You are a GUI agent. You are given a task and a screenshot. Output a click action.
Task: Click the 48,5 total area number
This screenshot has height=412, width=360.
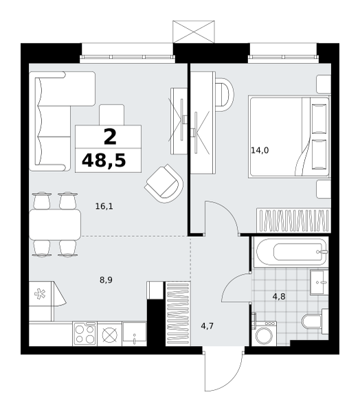pyautogui.click(x=104, y=160)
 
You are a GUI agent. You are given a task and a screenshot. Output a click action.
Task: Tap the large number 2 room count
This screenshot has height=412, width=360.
pyautogui.click(x=110, y=137)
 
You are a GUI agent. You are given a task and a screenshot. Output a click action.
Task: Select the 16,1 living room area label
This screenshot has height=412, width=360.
pyautogui.click(x=104, y=206)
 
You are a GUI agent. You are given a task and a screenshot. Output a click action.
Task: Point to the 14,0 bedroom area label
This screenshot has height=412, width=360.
pyautogui.click(x=260, y=150)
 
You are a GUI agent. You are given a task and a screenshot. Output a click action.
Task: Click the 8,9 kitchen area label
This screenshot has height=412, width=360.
pyautogui.click(x=106, y=280)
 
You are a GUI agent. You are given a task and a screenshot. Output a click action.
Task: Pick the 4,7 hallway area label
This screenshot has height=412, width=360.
pyautogui.click(x=207, y=326)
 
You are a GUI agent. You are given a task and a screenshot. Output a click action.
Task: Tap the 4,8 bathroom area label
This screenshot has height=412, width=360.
pyautogui.click(x=279, y=297)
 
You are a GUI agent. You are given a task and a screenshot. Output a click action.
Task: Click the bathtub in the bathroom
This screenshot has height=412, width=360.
pyautogui.click(x=291, y=252)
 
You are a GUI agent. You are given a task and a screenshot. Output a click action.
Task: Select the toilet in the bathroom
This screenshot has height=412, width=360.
pyautogui.click(x=315, y=321)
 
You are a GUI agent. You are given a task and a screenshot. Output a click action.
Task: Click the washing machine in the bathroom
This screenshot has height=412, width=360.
pyautogui.click(x=264, y=333)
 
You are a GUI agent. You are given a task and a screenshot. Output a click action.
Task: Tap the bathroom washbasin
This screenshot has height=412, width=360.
pyautogui.click(x=319, y=282)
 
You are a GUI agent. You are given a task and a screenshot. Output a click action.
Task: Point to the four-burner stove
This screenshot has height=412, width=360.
pyautogui.click(x=85, y=334)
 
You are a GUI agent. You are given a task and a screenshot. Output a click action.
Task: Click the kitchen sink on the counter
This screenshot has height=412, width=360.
pyautogui.click(x=134, y=334)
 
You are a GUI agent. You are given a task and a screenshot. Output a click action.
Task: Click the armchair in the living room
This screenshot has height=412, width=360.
pyautogui.click(x=164, y=183)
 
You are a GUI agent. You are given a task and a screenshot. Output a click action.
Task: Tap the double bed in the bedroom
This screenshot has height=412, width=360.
pyautogui.click(x=289, y=137)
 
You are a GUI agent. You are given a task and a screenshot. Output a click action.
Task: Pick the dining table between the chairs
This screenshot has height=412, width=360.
pyautogui.click(x=55, y=224)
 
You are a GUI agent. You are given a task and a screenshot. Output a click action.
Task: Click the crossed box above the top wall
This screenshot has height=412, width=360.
pyautogui.click(x=194, y=32)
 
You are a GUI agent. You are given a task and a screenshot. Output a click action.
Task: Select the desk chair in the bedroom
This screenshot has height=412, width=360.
pyautogui.click(x=224, y=95)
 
